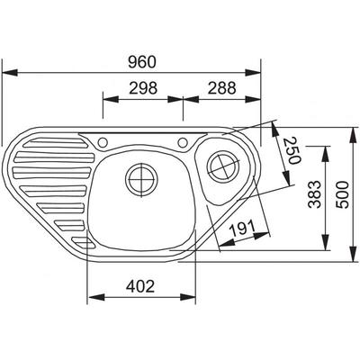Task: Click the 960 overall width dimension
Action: coord(142,62)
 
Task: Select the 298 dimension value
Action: coord(143,88)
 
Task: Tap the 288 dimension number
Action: coord(222,88)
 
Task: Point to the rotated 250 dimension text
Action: coord(292,150)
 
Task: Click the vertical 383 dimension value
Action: coord(315,194)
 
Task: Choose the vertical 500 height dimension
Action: coord(343,194)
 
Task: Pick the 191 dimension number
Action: coord(242,229)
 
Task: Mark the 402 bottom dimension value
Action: coord(140,286)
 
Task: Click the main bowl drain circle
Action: coord(141,180)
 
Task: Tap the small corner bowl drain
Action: coord(224,166)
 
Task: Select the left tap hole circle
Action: coord(103,142)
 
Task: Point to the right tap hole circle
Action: coord(183,142)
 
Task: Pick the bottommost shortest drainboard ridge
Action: coord(84,242)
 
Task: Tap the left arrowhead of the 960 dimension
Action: coord(10,72)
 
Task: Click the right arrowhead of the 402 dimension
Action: coord(188,297)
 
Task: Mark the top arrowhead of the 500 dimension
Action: coord(355,135)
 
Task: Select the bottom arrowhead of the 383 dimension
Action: coord(326,242)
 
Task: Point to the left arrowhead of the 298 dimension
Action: coord(111,99)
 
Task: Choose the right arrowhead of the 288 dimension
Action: coord(254,99)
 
